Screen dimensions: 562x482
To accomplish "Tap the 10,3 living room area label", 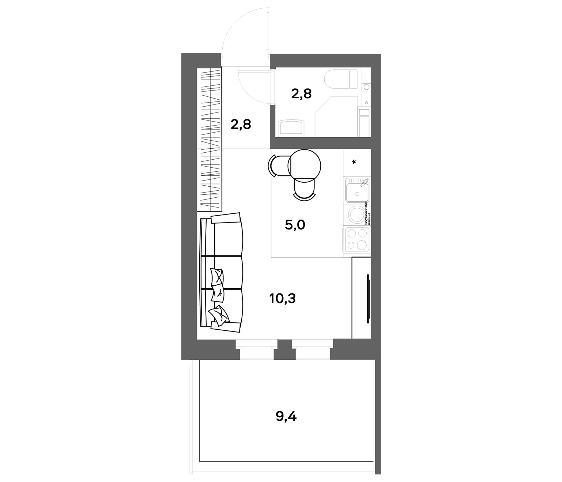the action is [282, 299].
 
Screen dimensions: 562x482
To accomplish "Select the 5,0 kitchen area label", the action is [295, 225].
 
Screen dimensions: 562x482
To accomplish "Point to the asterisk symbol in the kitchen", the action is [354, 162].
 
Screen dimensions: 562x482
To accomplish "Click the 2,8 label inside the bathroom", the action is [301, 94].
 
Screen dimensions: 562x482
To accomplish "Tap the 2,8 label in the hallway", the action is [241, 125].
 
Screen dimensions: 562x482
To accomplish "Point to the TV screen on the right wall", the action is [368, 299].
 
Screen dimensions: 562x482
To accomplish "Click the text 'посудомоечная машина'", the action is [367, 213].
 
